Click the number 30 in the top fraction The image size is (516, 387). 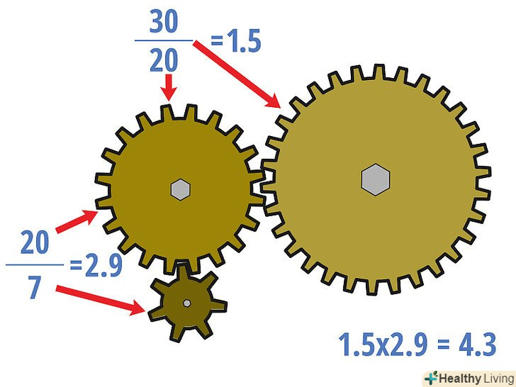point(164,21)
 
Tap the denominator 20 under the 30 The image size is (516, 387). point(164,60)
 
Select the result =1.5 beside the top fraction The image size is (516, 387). point(235,41)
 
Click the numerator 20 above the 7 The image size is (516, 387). point(35,242)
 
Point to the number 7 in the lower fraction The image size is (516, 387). point(35,287)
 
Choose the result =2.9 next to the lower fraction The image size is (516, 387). point(96,265)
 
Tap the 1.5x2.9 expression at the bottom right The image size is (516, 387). point(383,344)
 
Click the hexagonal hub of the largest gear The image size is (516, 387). point(376,180)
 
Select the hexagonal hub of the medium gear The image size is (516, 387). point(180,189)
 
